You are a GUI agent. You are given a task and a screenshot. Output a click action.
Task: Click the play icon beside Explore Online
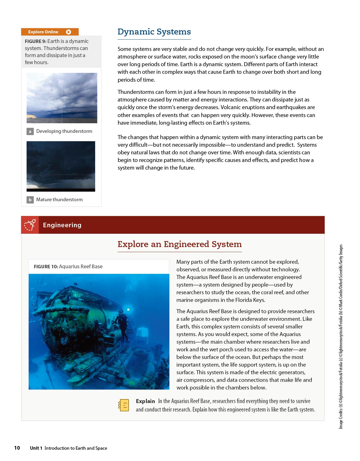[x=68, y=32]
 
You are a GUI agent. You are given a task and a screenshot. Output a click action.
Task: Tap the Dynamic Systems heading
[x=154, y=32]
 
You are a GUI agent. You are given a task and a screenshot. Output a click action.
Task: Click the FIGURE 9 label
[x=36, y=41]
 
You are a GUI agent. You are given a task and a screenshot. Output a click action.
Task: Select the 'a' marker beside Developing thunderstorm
[x=30, y=131]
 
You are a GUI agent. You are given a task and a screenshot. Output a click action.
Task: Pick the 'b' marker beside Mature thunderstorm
[x=30, y=200]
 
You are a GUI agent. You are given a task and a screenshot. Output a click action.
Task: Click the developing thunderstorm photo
[x=62, y=98]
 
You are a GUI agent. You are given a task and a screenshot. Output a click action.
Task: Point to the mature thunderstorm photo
[x=61, y=166]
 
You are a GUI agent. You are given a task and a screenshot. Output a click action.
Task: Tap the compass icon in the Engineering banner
[x=30, y=225]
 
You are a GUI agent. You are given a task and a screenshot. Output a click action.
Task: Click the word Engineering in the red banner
[x=62, y=225]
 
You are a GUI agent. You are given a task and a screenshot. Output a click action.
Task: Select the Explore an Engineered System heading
[x=180, y=244]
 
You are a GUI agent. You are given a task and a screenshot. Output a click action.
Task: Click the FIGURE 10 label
[x=46, y=267]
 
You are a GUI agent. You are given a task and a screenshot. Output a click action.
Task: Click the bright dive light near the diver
[x=128, y=310]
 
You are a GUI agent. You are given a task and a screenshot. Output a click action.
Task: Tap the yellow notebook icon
[x=124, y=405]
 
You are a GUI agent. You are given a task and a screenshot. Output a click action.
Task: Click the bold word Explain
[x=145, y=401]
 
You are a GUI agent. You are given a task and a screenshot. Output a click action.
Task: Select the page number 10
[x=17, y=448]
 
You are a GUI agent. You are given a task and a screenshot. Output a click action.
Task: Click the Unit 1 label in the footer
[x=36, y=448]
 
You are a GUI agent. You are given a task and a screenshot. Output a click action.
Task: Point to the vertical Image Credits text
[x=341, y=336]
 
